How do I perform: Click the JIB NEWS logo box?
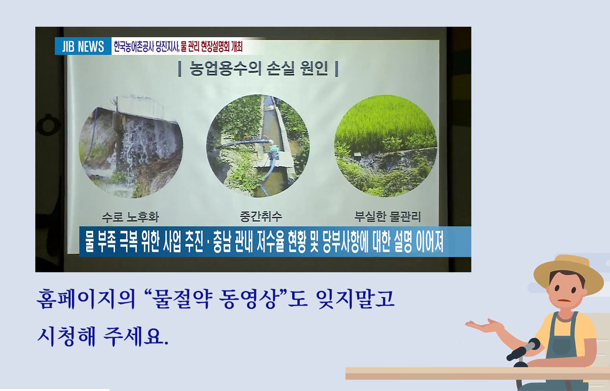point(83,46)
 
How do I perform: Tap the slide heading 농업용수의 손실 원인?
point(258,68)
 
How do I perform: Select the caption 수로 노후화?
point(130,217)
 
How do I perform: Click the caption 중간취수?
point(261,216)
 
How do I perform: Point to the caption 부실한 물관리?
point(387,216)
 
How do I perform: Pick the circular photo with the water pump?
point(258,146)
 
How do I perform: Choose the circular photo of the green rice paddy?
point(386,146)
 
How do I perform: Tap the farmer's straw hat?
point(569,272)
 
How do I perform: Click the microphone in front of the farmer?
point(523,350)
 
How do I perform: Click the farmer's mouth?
point(564,301)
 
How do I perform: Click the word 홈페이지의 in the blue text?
point(86,299)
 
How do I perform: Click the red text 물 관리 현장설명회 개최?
point(212,46)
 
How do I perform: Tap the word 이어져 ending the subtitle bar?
point(429,241)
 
